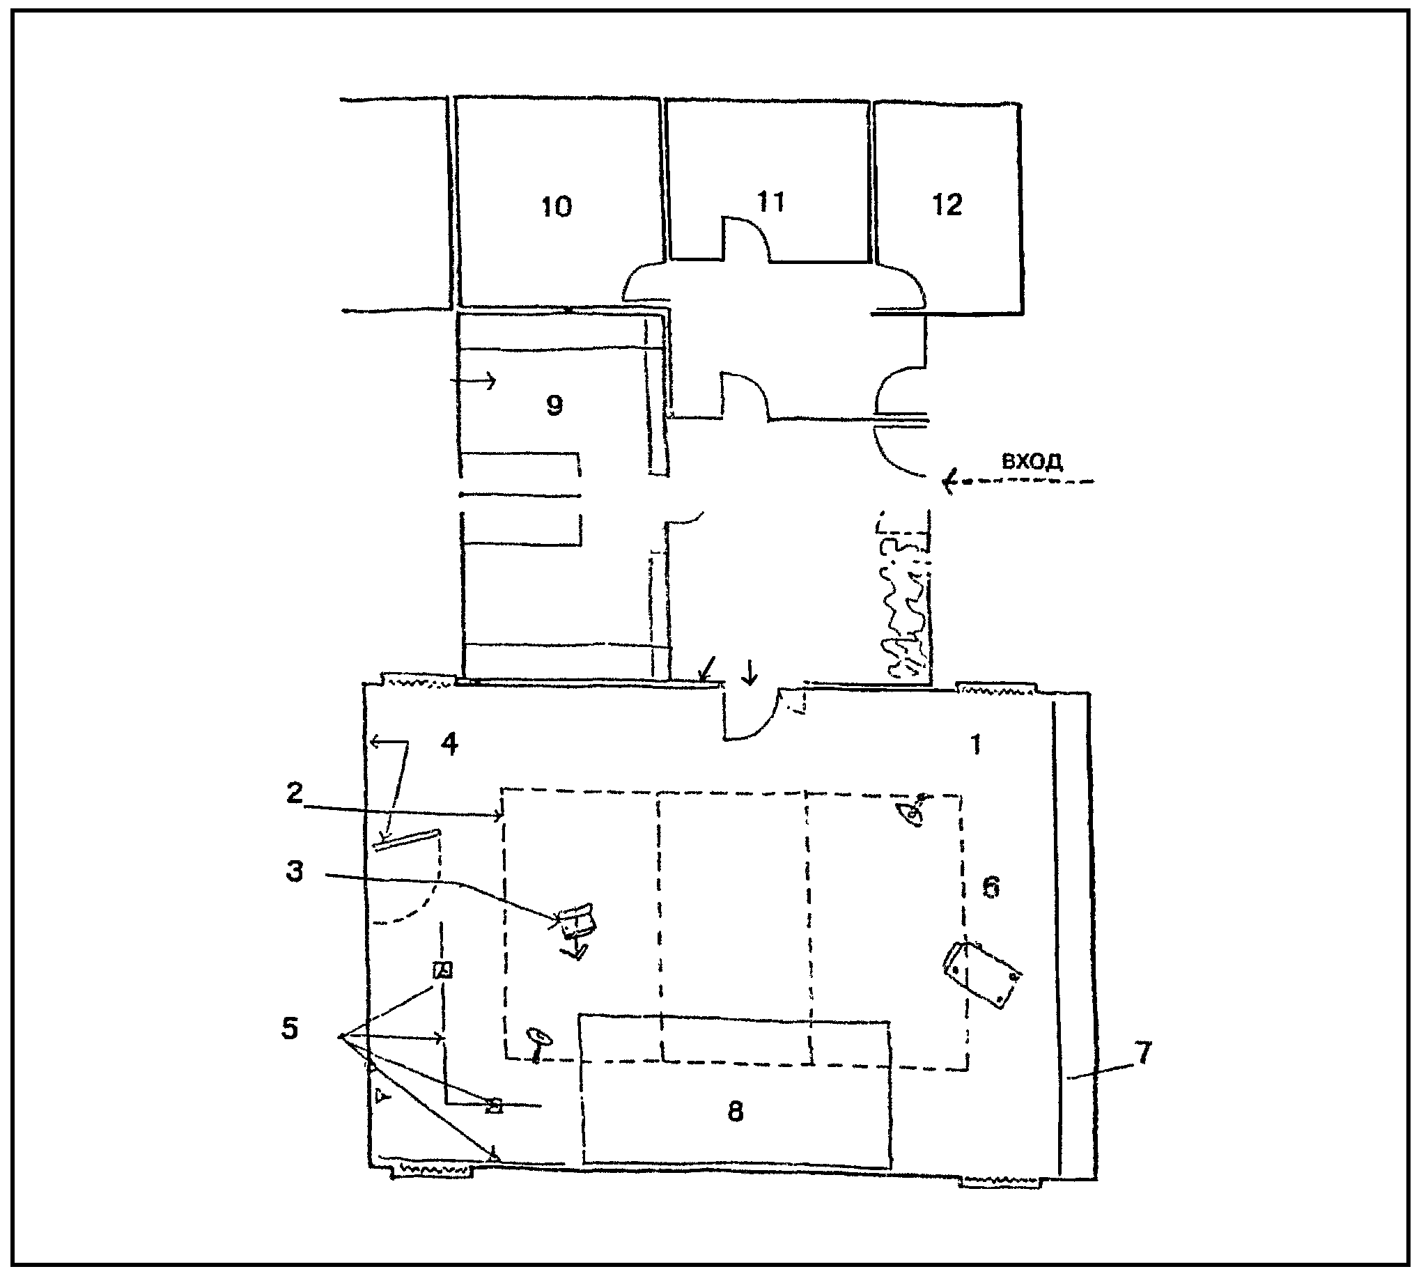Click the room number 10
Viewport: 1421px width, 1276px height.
[x=557, y=206]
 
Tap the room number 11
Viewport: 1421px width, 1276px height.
[x=770, y=202]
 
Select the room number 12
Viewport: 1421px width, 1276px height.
[x=947, y=205]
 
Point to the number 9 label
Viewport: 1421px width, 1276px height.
[x=554, y=405]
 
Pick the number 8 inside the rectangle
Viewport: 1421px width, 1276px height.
[x=735, y=1111]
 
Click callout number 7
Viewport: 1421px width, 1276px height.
[x=1143, y=1053]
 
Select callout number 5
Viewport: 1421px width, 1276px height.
[x=290, y=1029]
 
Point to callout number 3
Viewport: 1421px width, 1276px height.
[x=295, y=871]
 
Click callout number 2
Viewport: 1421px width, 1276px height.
[x=295, y=793]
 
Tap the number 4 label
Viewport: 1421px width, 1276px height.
[x=449, y=743]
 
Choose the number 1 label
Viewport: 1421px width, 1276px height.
[x=975, y=745]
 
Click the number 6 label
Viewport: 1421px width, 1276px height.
[x=991, y=887]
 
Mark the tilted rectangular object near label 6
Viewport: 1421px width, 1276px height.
[x=981, y=974]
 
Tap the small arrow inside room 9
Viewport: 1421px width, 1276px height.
[x=473, y=381]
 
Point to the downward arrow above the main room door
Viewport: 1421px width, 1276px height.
[x=750, y=671]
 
